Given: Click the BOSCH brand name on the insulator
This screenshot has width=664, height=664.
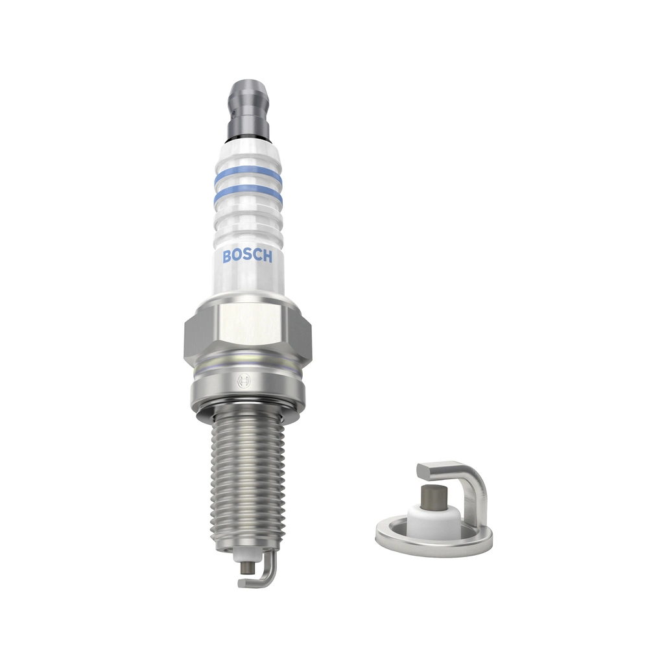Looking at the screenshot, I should [x=247, y=257].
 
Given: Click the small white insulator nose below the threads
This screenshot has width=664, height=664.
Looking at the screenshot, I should [x=246, y=555].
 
